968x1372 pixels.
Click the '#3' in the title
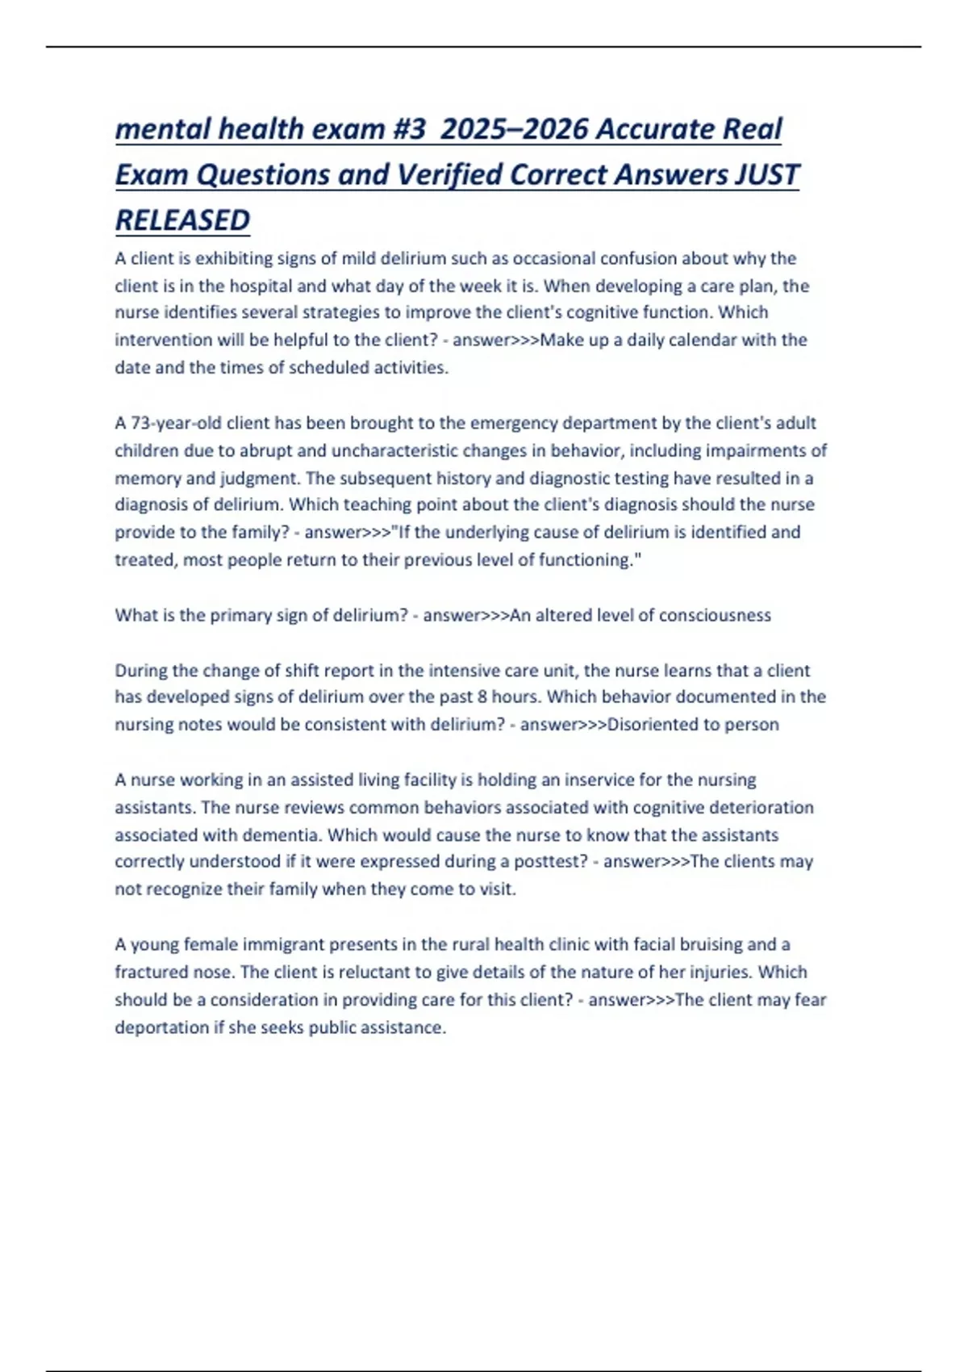click(408, 129)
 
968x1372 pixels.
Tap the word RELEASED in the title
click(183, 220)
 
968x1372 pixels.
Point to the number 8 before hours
click(482, 696)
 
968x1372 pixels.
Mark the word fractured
click(151, 972)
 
